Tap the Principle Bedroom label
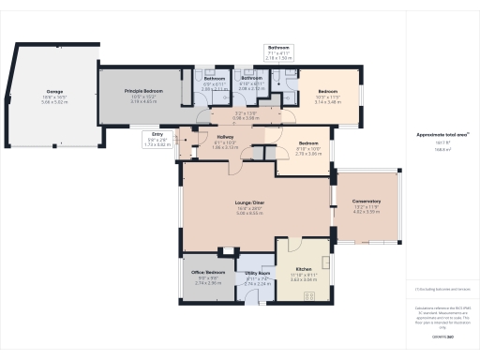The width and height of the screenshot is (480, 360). (145, 90)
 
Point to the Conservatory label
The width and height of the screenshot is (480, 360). (367, 202)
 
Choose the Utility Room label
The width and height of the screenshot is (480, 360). (257, 274)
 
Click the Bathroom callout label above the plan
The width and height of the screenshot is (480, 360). (279, 47)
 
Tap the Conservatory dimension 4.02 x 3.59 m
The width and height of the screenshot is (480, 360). (367, 213)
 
